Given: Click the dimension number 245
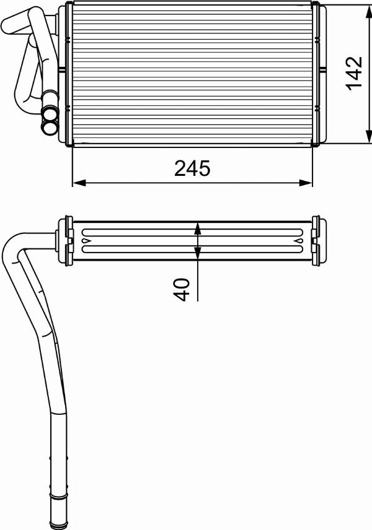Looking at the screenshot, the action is pos(192,168).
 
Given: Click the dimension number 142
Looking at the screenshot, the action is pos(354,73).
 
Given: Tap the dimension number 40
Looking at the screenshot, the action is pos(182,289).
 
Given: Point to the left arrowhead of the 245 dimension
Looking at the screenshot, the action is pos(79,183).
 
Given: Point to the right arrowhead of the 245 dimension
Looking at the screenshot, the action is pos(306,183).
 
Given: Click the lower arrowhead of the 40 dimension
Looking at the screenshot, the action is pos(198,253).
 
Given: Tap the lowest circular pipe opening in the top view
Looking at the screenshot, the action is pos(49,128).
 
